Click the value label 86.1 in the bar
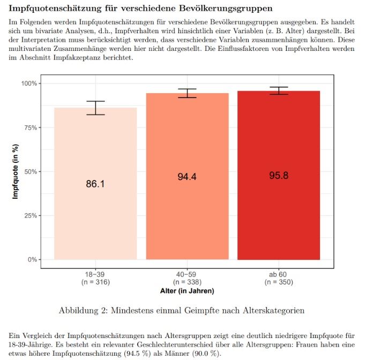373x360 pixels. tap(95, 184)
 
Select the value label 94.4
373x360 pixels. tap(187, 177)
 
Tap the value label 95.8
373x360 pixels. tap(279, 176)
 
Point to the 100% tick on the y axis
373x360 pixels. tap(29, 84)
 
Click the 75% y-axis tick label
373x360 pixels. tap(31, 127)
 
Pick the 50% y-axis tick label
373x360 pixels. tap(31, 171)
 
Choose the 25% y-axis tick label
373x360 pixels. tap(31, 216)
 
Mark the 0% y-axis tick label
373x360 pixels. tap(32, 260)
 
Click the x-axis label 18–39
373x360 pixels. tap(95, 274)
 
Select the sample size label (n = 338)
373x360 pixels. tap(187, 282)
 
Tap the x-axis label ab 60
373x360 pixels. tap(278, 274)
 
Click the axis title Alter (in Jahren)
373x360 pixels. tap(187, 291)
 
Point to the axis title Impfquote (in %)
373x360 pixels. tap(16, 171)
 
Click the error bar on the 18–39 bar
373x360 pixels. tap(95, 108)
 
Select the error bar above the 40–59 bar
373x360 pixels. tap(187, 93)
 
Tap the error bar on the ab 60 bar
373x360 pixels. tap(279, 91)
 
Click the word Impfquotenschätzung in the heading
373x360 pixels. tap(55, 9)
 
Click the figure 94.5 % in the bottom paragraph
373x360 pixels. tap(137, 354)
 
